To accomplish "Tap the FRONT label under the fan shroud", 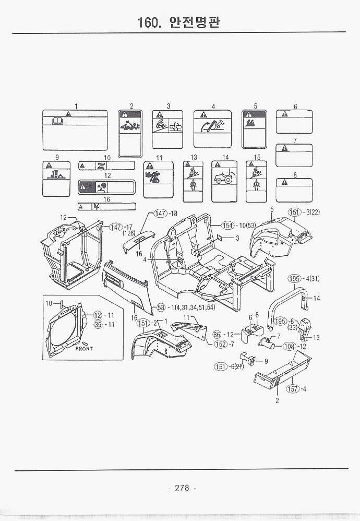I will (83, 348).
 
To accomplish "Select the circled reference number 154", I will (227, 226).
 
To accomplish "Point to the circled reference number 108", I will (289, 346).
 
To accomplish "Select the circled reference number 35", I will (98, 324).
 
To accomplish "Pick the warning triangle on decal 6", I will (284, 114).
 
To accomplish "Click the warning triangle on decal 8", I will (284, 182).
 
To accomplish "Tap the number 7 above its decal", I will (295, 140).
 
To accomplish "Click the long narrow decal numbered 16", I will (106, 206).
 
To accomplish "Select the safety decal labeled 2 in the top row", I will (131, 134).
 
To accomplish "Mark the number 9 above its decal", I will (56, 157).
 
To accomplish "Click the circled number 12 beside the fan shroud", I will (98, 315).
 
